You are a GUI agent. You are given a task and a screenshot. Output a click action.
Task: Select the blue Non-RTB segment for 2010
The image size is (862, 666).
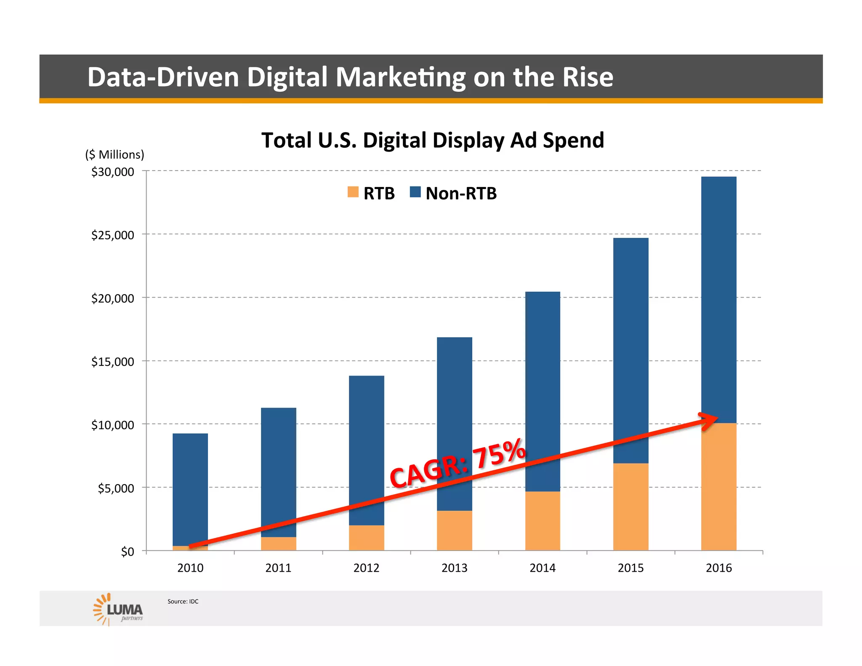click(x=190, y=484)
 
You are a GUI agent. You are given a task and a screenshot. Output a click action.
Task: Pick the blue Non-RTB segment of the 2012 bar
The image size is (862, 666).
click(x=366, y=442)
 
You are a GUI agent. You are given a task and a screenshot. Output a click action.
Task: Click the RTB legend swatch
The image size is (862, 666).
click(x=353, y=192)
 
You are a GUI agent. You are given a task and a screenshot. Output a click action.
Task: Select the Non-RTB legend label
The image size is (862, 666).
click(x=461, y=194)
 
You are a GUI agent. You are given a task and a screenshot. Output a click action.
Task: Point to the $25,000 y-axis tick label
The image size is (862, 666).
click(x=112, y=235)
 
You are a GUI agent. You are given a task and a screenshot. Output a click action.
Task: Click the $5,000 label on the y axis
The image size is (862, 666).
click(x=116, y=488)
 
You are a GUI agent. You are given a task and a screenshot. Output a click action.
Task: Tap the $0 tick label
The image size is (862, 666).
click(x=127, y=551)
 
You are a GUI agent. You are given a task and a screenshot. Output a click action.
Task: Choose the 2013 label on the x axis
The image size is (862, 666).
click(x=454, y=568)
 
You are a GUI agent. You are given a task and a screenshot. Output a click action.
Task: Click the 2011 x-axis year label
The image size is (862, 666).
click(x=278, y=568)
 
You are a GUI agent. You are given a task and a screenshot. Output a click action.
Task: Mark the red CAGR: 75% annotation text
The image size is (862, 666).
click(x=458, y=463)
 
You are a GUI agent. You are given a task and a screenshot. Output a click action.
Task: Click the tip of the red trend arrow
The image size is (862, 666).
click(x=717, y=417)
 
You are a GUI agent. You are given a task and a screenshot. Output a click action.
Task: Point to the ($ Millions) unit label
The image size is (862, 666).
click(x=114, y=155)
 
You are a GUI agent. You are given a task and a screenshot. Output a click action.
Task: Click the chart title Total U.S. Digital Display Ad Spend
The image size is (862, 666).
click(x=432, y=140)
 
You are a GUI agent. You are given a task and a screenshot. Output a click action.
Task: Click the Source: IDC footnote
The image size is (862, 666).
click(x=183, y=602)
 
